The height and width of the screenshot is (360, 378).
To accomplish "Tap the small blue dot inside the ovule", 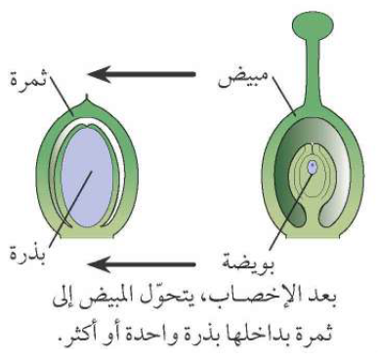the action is coord(311,167).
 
